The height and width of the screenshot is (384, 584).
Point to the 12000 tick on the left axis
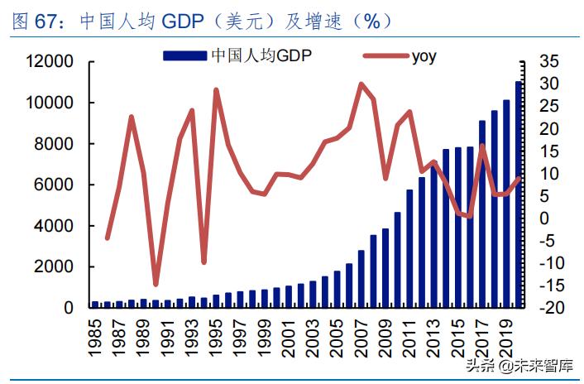click(x=50, y=62)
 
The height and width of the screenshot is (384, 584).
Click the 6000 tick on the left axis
click(x=55, y=185)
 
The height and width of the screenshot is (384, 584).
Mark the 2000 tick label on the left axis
click(x=55, y=266)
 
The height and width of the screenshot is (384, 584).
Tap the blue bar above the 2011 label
click(x=409, y=248)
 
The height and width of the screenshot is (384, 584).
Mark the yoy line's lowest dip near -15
click(x=156, y=284)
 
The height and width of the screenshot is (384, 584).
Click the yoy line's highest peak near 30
click(x=361, y=84)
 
